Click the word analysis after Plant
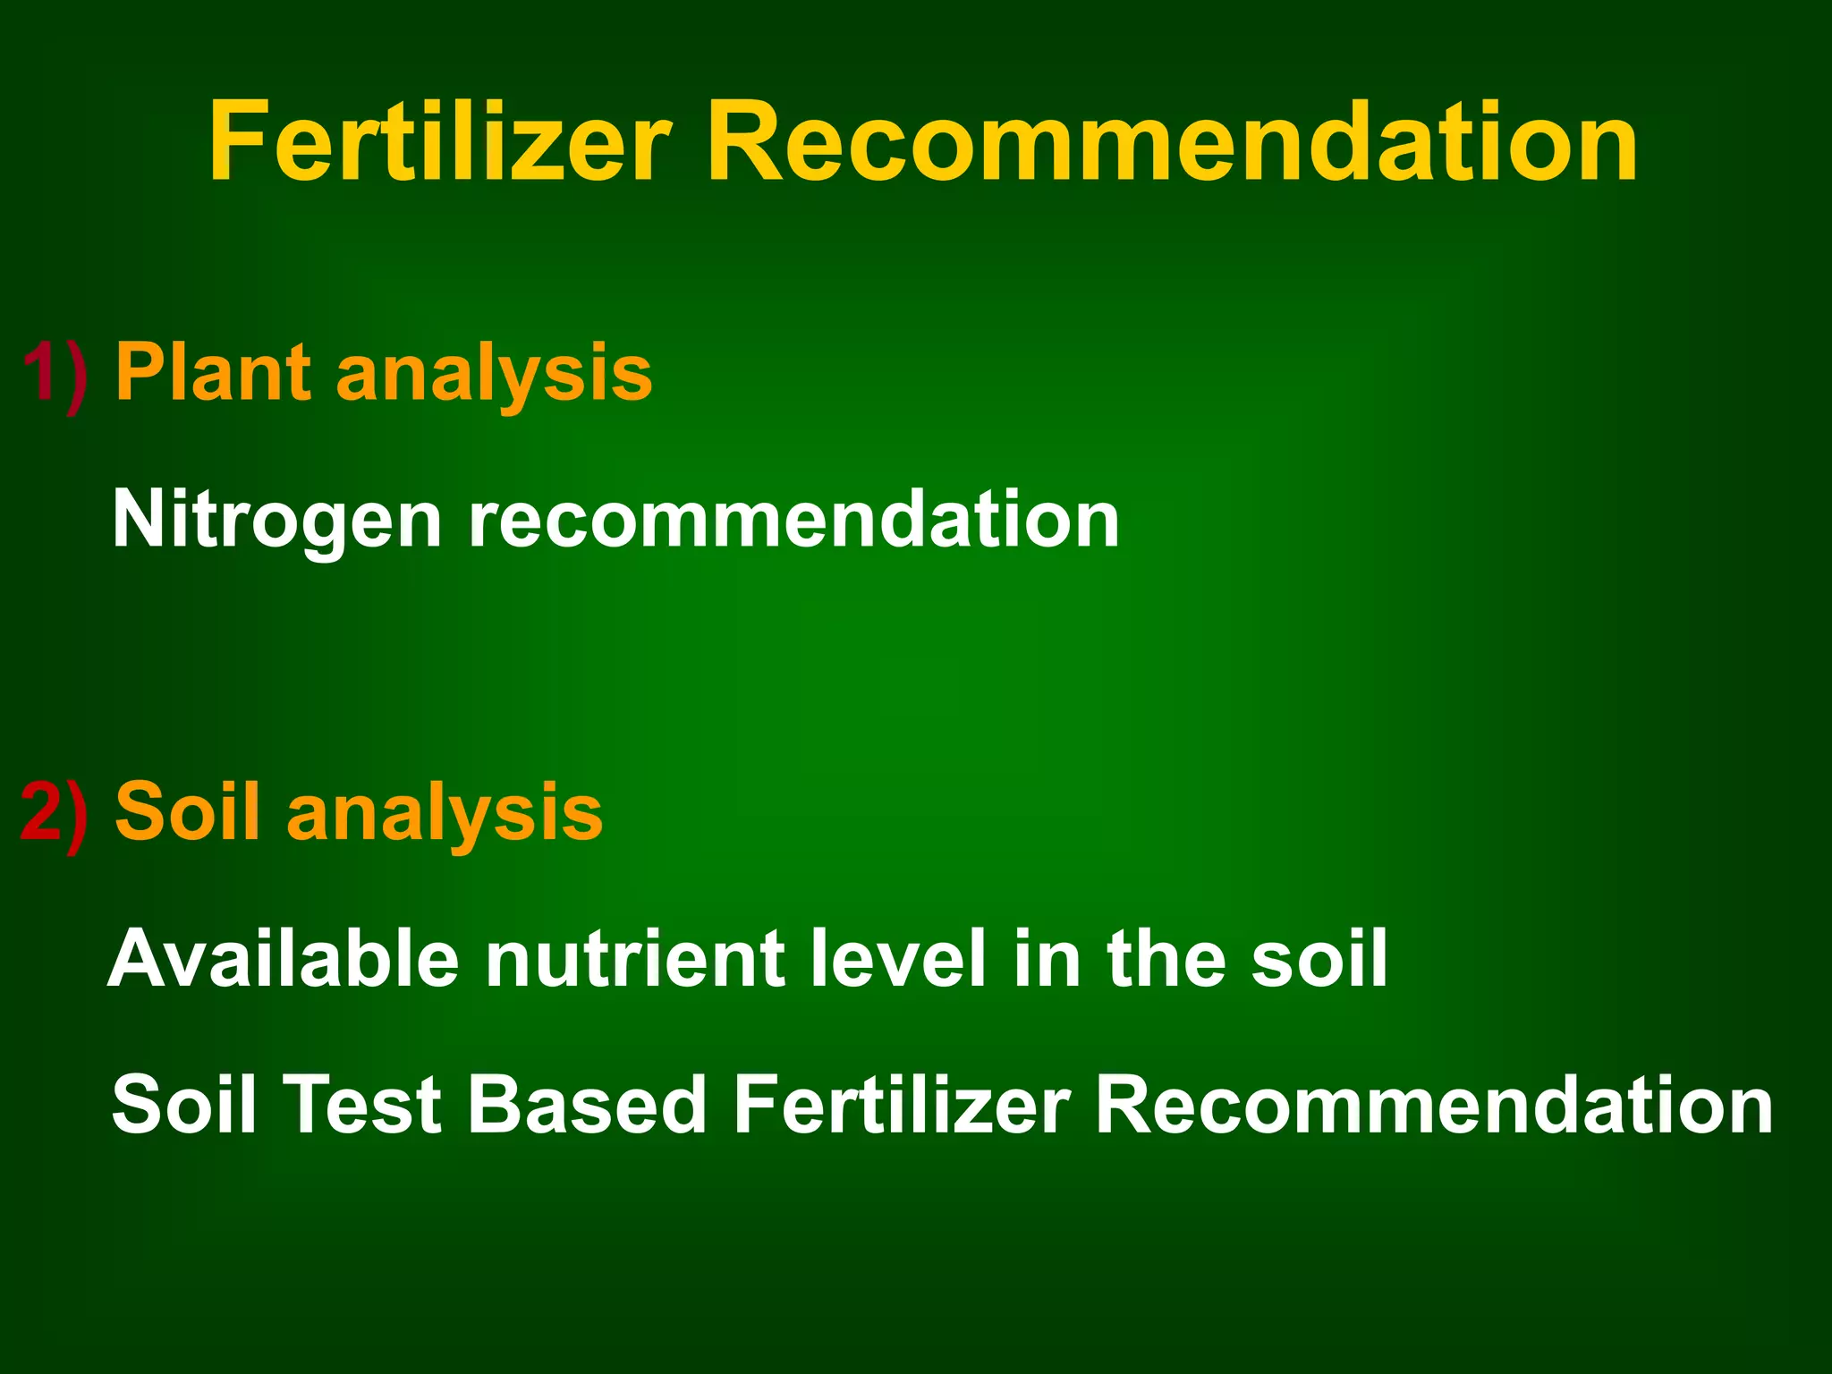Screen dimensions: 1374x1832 (494, 376)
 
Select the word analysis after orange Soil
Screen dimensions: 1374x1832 (445, 814)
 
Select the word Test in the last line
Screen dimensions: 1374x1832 (362, 1105)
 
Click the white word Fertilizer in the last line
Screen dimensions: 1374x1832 (902, 1105)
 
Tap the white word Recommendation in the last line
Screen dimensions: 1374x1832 (1434, 1105)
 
